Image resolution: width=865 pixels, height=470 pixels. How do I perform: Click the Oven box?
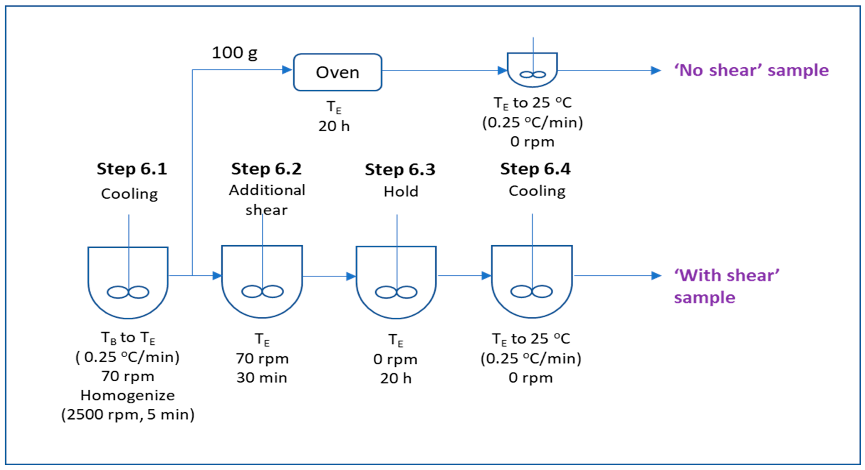point(338,72)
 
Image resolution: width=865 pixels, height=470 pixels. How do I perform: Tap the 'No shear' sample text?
point(751,70)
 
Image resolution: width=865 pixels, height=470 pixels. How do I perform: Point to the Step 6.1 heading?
point(132,169)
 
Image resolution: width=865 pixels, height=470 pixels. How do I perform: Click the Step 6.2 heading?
point(266,169)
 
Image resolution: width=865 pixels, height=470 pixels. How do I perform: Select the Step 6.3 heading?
point(400,169)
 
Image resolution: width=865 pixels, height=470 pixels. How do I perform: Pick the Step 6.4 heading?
point(535,169)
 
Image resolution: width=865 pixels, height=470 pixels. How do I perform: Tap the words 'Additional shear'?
point(267,200)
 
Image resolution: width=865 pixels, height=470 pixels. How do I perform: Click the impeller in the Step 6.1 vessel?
point(128,292)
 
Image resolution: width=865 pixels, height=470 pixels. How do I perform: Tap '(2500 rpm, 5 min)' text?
point(128,415)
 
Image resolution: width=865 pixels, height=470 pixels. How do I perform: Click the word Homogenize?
point(128,396)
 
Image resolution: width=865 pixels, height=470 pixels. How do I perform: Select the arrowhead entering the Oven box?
point(287,70)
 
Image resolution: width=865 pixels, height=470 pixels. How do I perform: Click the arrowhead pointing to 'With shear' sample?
point(656,276)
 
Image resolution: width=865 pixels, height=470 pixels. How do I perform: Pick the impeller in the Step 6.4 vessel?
point(532,291)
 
